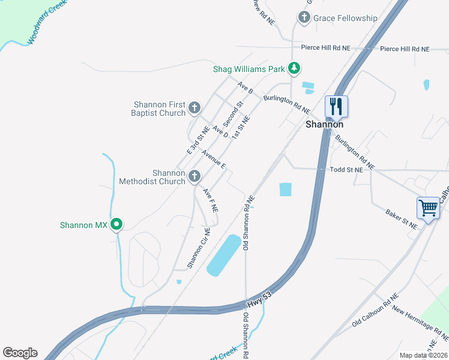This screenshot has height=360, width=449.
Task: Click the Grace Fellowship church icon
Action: [304, 18]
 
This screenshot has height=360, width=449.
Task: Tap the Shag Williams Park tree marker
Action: [294, 69]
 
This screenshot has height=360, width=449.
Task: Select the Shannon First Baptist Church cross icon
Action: [194, 108]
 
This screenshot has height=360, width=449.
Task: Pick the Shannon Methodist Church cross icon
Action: [194, 176]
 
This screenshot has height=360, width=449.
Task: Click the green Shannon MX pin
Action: [117, 225]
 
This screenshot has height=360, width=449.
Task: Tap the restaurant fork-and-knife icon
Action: [336, 107]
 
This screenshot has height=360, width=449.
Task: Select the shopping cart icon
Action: [429, 208]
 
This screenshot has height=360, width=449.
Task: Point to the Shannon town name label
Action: [324, 125]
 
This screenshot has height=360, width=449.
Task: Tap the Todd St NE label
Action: [347, 170]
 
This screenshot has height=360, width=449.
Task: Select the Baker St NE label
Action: [402, 219]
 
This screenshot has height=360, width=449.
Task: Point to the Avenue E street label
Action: [214, 158]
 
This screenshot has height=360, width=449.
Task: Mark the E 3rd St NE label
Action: [197, 139]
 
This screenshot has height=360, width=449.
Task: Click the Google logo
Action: [20, 353]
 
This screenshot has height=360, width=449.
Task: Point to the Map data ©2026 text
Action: [424, 355]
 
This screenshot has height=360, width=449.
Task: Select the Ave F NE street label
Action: [209, 200]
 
